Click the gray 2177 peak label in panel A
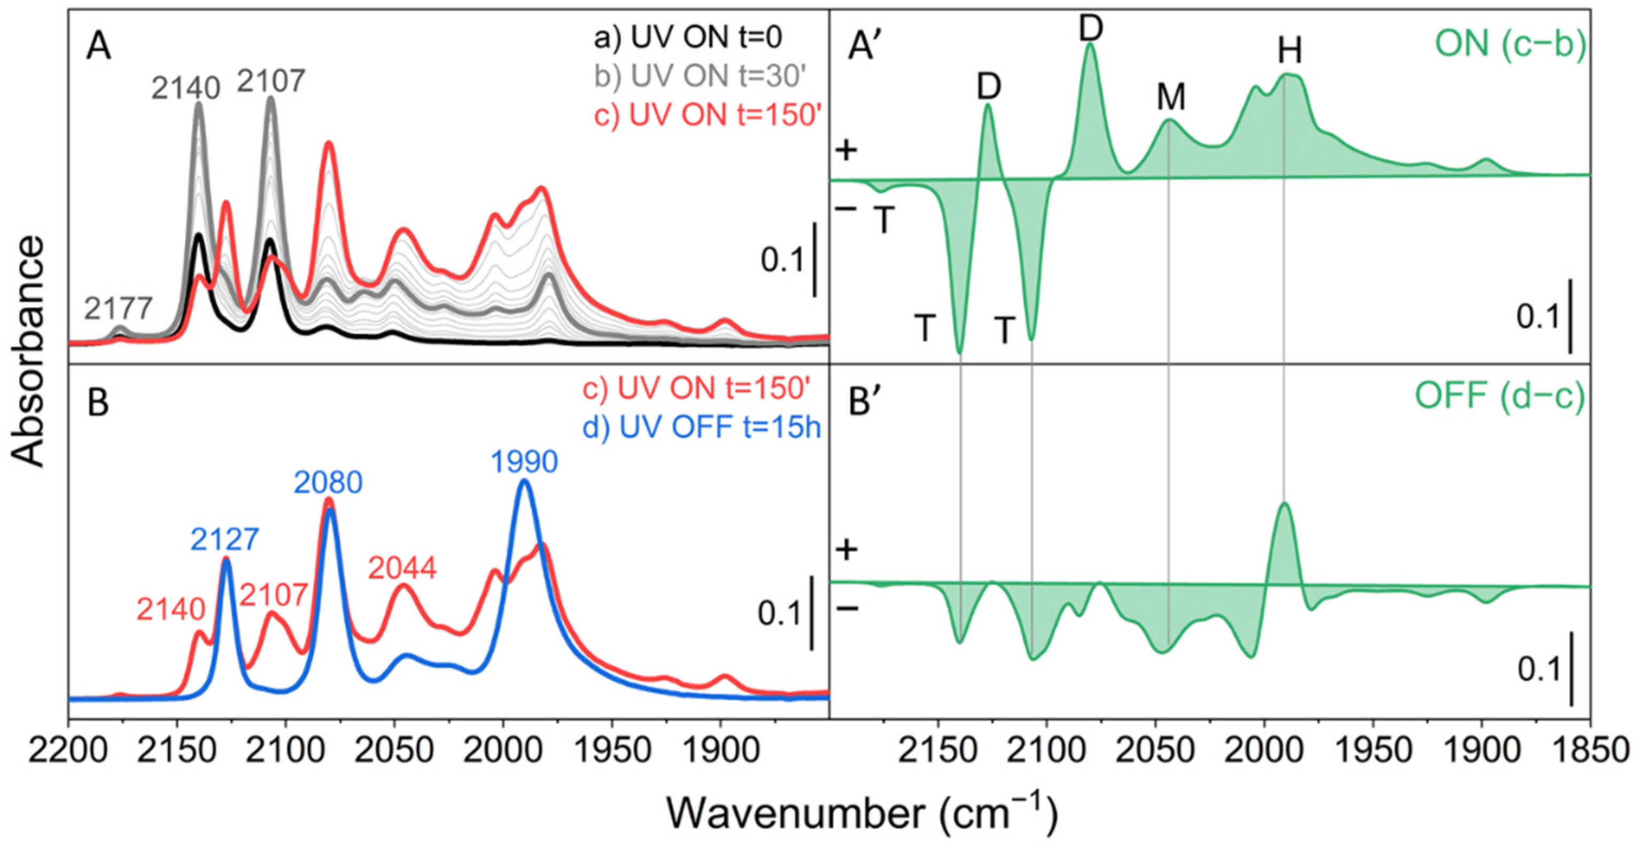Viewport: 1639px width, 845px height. [x=119, y=309]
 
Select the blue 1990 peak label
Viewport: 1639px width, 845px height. [x=524, y=462]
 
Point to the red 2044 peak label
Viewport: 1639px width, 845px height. [x=403, y=568]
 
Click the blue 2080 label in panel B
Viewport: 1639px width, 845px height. [x=328, y=483]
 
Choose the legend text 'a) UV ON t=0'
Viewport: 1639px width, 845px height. [x=688, y=38]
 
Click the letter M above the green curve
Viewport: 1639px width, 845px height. [x=1171, y=97]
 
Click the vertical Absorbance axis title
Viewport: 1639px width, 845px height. [x=29, y=353]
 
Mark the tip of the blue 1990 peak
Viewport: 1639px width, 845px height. [x=524, y=480]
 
